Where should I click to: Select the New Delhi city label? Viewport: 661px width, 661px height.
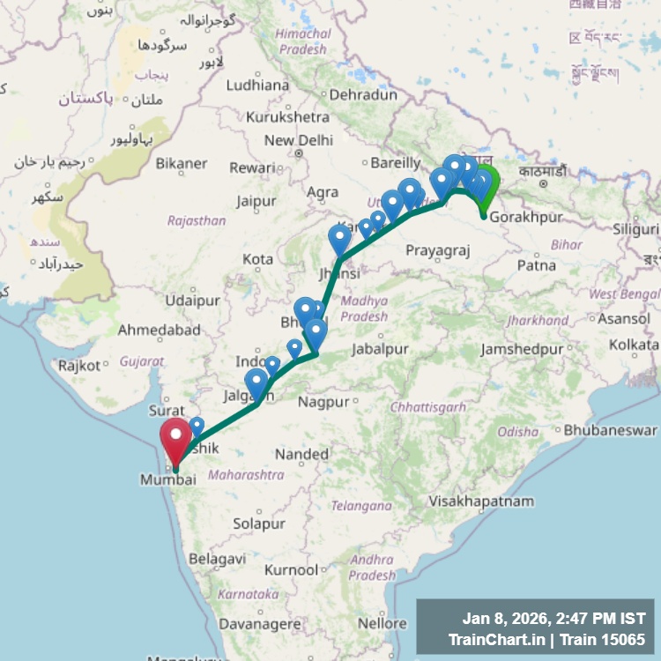pyautogui.click(x=298, y=140)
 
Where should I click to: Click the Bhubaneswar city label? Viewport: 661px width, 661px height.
pyautogui.click(x=610, y=431)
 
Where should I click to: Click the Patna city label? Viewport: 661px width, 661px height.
pyautogui.click(x=536, y=264)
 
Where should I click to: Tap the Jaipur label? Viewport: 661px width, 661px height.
pyautogui.click(x=256, y=201)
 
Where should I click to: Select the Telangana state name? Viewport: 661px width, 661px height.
pyautogui.click(x=360, y=506)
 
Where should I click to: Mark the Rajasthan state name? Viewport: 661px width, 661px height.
pyautogui.click(x=197, y=220)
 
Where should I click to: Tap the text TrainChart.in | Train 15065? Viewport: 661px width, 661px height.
pyautogui.click(x=546, y=640)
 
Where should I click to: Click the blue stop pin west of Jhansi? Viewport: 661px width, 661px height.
pyautogui.click(x=339, y=239)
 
